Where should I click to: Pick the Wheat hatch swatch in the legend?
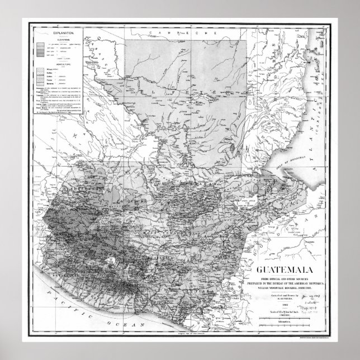tap(40, 70)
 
